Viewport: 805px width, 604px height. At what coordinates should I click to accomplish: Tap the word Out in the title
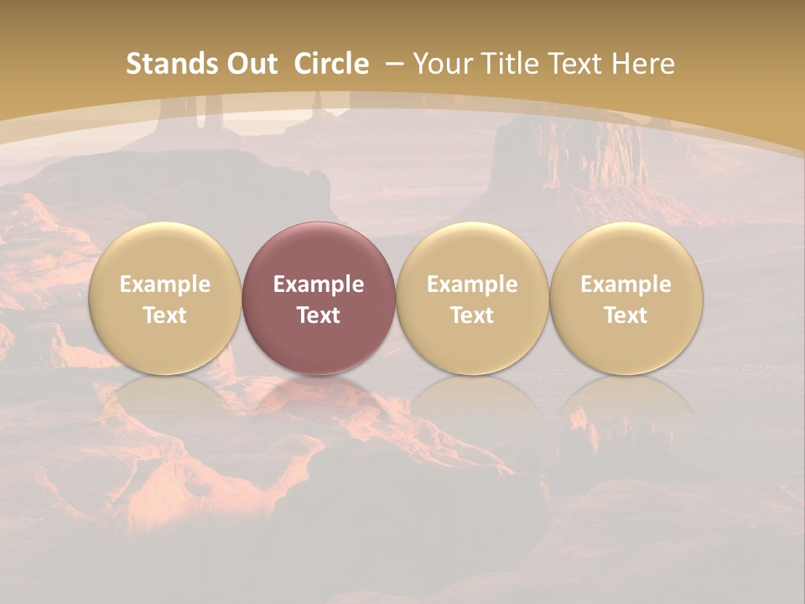[251, 64]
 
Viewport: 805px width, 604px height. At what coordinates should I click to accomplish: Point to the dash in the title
[392, 65]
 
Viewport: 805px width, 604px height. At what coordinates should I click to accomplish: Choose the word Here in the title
[642, 64]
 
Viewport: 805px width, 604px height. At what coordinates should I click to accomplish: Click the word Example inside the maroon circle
[318, 284]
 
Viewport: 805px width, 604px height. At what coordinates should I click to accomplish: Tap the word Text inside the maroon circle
[318, 315]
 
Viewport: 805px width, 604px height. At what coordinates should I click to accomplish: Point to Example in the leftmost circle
[164, 284]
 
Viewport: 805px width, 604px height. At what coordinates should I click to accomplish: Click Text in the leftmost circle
[164, 315]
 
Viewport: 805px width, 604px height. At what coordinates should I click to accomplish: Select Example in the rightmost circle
[626, 284]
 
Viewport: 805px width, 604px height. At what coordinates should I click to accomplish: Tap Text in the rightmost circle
[626, 315]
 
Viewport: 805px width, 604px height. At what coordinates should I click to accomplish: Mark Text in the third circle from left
[471, 315]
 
